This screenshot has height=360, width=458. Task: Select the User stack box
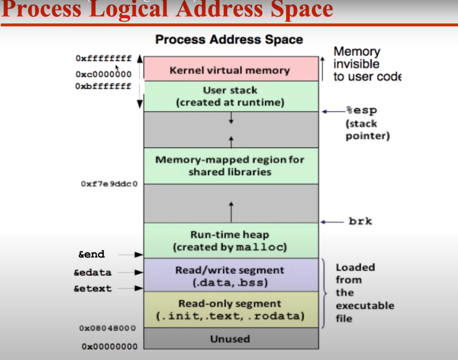click(231, 96)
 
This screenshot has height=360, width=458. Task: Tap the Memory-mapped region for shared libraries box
click(231, 166)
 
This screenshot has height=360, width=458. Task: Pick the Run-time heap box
click(231, 241)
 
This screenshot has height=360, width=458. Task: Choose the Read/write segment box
click(231, 275)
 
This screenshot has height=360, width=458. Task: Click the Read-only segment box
click(231, 310)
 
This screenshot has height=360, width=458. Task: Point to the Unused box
click(231, 339)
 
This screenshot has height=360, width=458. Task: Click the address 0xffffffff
click(104, 59)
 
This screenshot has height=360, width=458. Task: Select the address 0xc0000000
click(104, 74)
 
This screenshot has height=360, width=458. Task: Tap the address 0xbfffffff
click(104, 86)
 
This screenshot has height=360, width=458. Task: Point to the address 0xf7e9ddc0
click(109, 184)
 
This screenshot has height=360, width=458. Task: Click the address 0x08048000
click(108, 329)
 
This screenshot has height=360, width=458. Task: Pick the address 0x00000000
click(109, 346)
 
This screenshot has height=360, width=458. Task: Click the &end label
click(92, 254)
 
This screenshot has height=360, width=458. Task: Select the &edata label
click(92, 273)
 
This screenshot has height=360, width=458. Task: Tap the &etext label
click(92, 289)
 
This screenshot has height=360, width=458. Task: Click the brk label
click(360, 222)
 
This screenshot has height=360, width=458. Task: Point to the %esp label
click(361, 111)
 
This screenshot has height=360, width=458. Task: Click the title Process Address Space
click(229, 40)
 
